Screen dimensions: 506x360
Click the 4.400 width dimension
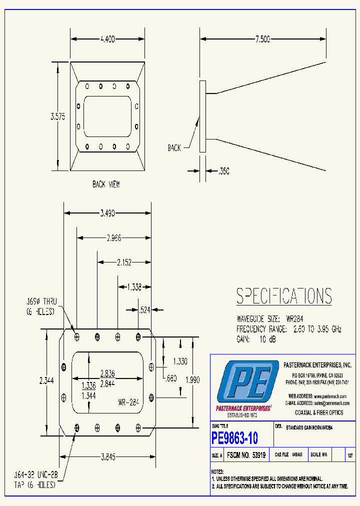tap(107, 38)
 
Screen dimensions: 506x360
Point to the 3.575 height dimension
tap(58, 116)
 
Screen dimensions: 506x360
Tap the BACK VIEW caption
tap(106, 184)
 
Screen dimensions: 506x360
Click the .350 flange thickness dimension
tap(223, 171)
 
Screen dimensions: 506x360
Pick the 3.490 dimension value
tap(107, 213)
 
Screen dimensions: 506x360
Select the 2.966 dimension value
tap(113, 237)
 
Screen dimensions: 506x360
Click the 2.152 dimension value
tap(124, 261)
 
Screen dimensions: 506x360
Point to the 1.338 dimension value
tap(134, 286)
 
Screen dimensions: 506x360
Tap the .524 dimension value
tap(144, 310)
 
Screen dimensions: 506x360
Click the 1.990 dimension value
tap(192, 380)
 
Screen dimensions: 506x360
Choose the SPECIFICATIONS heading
tap(283, 296)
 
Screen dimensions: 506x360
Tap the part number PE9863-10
tap(235, 438)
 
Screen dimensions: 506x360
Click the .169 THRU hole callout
tap(41, 306)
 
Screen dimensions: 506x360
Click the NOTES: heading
tap(217, 471)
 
